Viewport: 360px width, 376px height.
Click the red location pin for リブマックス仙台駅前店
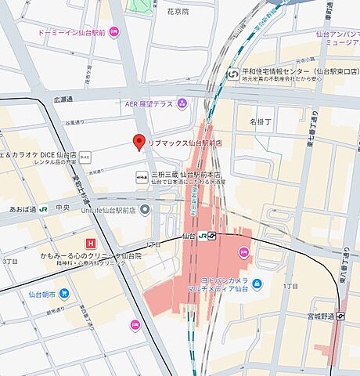coord(139,143)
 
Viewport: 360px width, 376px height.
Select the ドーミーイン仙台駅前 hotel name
coord(71,33)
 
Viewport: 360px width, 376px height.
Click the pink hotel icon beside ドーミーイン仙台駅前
coord(114,33)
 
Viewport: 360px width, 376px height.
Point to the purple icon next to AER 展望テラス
coord(182,103)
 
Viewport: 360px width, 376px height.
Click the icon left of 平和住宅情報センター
coord(233,74)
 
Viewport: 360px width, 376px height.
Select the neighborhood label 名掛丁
coord(261,121)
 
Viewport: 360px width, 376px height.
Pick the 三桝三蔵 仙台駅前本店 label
coord(185,175)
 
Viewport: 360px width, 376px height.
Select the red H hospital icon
coord(92,244)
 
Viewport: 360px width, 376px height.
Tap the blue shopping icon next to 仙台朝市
coord(63,293)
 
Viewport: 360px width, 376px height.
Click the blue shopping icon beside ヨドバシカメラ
coord(257,283)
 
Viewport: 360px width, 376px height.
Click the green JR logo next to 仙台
coord(202,235)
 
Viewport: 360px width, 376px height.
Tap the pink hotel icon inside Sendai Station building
coord(243,252)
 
